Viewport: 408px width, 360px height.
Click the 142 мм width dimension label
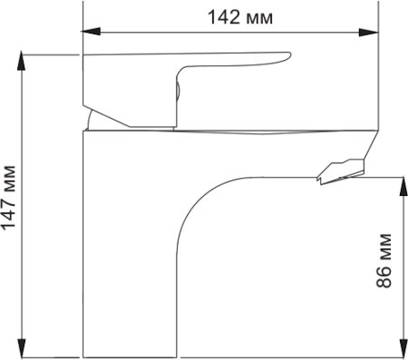pyautogui.click(x=240, y=17)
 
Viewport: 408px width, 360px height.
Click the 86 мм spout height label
pyautogui.click(x=384, y=260)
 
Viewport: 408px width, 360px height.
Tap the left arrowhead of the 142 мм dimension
pyautogui.click(x=91, y=31)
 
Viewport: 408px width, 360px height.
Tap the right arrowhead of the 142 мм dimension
pyautogui.click(x=369, y=33)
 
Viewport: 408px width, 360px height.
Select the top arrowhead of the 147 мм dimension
pyautogui.click(x=21, y=61)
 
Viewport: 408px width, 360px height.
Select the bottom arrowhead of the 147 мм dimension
pyautogui.click(x=21, y=347)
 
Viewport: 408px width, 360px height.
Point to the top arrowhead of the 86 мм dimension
pyautogui.click(x=403, y=186)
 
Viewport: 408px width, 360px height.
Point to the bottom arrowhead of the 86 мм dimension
pyautogui.click(x=403, y=347)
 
